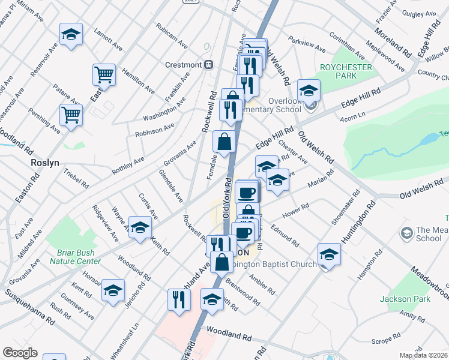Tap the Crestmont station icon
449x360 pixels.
pos(208,65)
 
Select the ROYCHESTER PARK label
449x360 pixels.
pos(346,72)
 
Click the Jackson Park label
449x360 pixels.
pos(399,298)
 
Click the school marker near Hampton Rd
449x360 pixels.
pos(329,255)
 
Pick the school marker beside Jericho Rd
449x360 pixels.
pos(113,291)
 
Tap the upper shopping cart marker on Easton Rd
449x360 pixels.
pos(104,75)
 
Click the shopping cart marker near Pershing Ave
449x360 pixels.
pos(71,115)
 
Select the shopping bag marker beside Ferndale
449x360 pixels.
pos(224,143)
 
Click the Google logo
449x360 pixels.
pos(20,352)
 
